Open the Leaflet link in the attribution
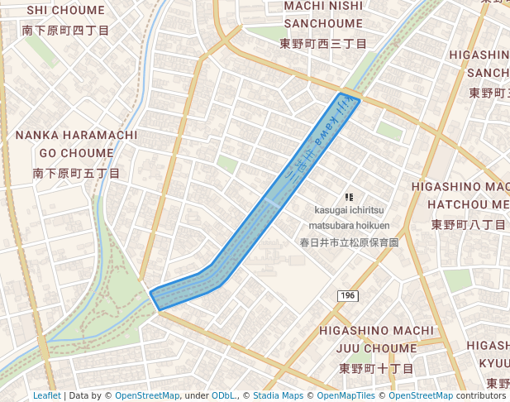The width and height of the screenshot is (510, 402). [x=46, y=396]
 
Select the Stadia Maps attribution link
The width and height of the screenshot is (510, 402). [x=277, y=396]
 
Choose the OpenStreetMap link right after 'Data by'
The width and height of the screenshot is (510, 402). [x=146, y=396]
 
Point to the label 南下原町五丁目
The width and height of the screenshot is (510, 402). [x=76, y=174]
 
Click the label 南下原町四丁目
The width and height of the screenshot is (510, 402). [x=65, y=31]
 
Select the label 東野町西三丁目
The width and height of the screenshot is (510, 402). [x=322, y=43]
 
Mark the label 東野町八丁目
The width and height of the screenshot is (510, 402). [x=469, y=224]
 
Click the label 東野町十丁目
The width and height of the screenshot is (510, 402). [x=376, y=368]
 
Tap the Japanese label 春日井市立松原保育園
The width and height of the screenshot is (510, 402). [x=349, y=243]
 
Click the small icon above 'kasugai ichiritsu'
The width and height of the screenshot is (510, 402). [x=349, y=197]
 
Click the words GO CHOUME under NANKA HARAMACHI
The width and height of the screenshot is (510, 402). [x=76, y=154]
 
